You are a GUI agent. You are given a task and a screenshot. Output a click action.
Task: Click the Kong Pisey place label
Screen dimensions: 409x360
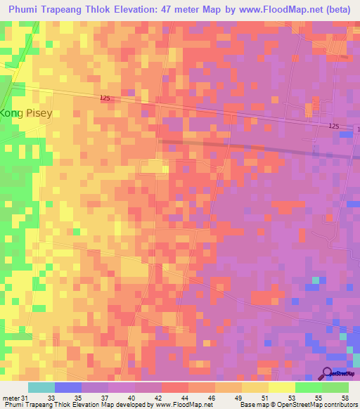(x=26, y=112)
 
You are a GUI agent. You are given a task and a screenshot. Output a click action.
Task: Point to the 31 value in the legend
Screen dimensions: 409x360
(x=26, y=397)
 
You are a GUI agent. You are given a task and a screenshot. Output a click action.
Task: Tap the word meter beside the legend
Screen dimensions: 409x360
(x=11, y=397)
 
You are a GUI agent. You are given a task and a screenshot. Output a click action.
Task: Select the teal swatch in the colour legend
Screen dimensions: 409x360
(x=41, y=387)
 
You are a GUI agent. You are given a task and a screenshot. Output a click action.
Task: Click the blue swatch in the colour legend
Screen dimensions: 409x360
(x=68, y=387)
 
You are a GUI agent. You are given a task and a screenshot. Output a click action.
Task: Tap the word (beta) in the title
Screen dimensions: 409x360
(x=337, y=10)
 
